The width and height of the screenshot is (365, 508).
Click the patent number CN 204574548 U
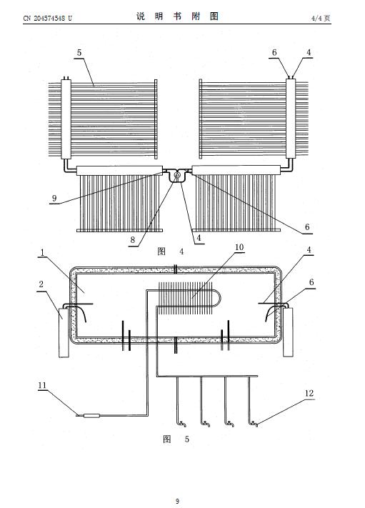[48, 18]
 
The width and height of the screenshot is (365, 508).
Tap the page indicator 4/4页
[321, 18]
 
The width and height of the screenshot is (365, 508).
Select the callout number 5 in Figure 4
[79, 52]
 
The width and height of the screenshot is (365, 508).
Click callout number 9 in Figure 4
[54, 199]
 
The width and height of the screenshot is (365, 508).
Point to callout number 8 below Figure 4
[132, 240]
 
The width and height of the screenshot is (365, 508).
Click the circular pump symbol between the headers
[177, 174]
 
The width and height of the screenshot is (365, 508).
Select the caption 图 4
[171, 251]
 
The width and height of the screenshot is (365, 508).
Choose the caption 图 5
[176, 439]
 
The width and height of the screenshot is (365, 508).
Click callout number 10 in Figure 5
[239, 247]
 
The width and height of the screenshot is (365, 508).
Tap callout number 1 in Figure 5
[42, 253]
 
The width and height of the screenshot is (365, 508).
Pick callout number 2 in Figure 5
[41, 284]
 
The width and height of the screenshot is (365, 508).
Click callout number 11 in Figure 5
[42, 386]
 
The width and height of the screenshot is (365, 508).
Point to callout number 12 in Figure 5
[309, 393]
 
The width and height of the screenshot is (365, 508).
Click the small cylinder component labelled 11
[91, 416]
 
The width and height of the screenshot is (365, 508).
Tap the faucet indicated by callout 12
[253, 423]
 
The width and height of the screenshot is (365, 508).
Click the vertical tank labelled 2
[64, 333]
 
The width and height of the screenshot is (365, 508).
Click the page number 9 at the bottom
[177, 501]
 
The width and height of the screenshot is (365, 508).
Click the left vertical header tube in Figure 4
[66, 119]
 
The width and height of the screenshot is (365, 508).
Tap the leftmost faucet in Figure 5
[181, 423]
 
